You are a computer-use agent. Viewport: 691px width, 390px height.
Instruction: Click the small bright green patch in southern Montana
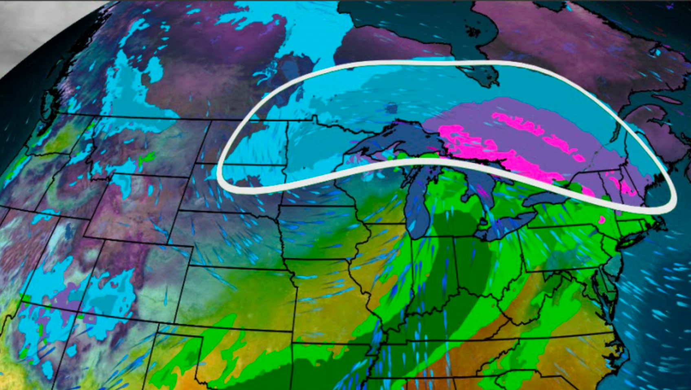[147, 158]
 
